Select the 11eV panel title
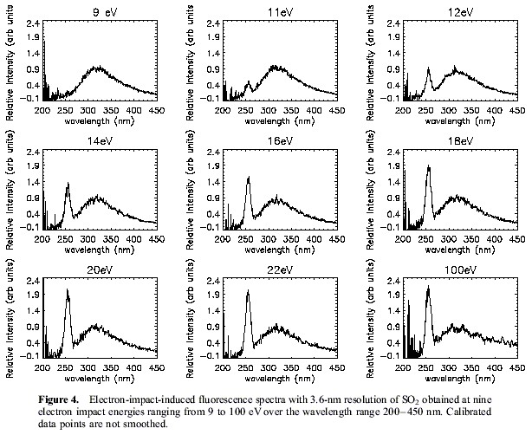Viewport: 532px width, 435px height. click(x=278, y=13)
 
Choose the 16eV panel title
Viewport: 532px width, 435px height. click(x=278, y=141)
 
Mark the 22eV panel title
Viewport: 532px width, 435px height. click(x=278, y=269)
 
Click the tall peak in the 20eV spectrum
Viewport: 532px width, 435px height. click(x=68, y=291)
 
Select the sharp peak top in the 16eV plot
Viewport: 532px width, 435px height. click(x=249, y=178)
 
